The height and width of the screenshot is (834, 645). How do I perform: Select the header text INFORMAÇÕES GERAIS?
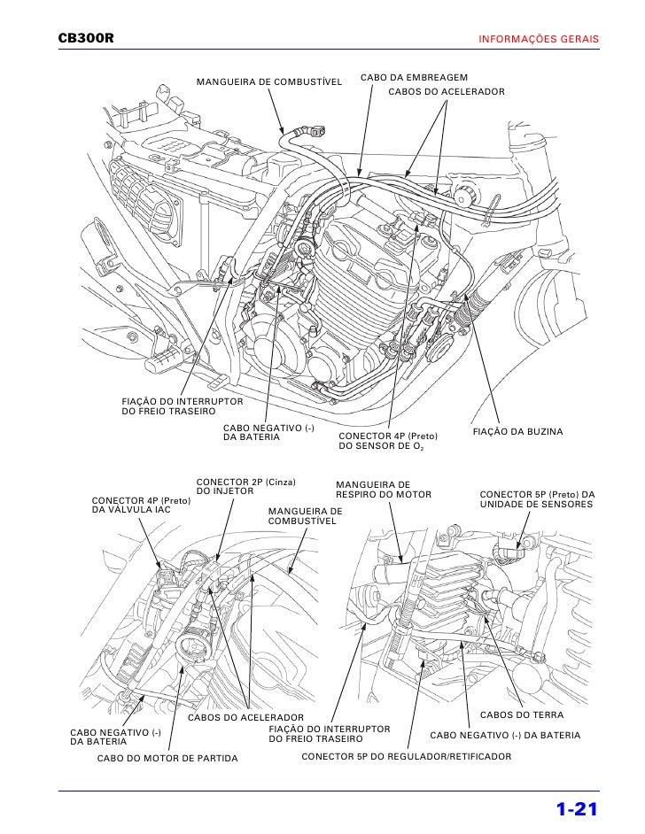[x=539, y=41]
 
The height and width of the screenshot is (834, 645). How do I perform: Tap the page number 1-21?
[x=578, y=809]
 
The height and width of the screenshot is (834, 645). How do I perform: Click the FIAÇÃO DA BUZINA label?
[x=519, y=431]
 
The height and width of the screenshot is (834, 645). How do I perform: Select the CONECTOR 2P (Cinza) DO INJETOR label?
[x=245, y=486]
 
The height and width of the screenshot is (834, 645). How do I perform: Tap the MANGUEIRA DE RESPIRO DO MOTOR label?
[x=383, y=489]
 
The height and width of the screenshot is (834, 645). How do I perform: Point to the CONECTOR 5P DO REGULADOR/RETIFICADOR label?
[x=407, y=758]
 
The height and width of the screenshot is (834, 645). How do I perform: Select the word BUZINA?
[x=544, y=431]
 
